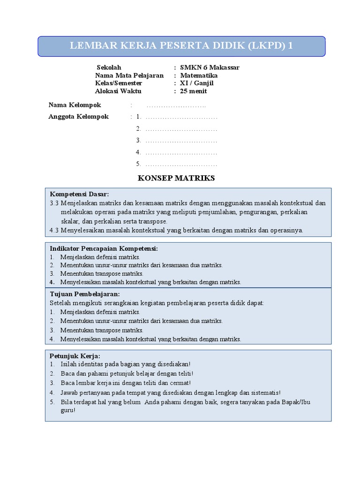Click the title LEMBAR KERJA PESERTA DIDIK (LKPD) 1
[x=181, y=46]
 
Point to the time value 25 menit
[x=194, y=91]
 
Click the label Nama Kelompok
[x=75, y=105]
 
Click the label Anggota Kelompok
[x=79, y=116]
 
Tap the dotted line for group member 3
[x=181, y=140]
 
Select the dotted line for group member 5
[x=181, y=164]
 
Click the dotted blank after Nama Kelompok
[x=176, y=105]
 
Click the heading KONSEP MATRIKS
[x=176, y=178]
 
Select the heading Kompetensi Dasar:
[x=80, y=194]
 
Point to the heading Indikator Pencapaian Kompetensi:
[x=104, y=248]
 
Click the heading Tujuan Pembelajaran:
[x=84, y=294]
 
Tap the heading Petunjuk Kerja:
[x=75, y=356]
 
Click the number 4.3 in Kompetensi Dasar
[x=54, y=230]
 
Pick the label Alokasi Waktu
[x=118, y=91]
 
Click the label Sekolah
[x=109, y=67]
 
